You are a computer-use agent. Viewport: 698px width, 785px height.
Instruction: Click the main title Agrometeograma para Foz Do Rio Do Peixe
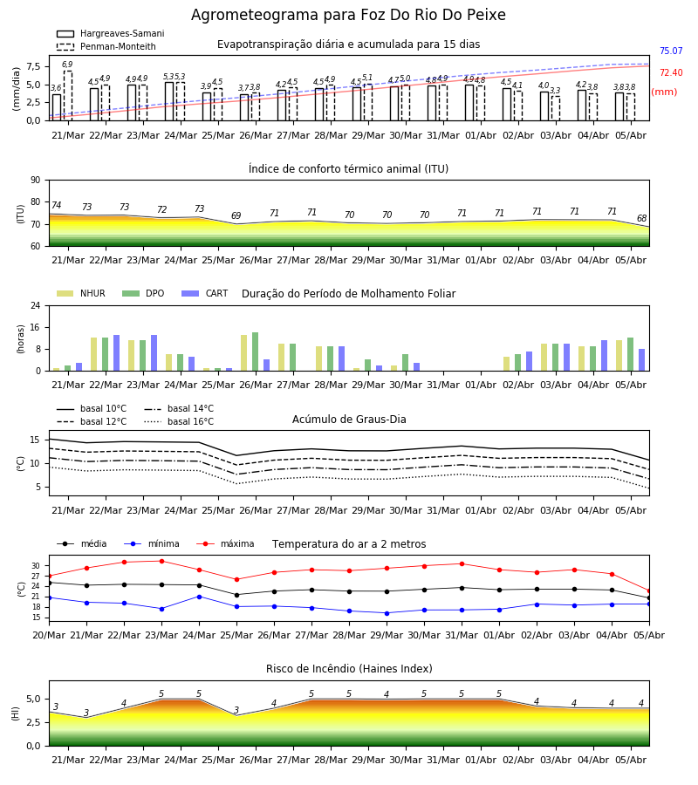click(348, 15)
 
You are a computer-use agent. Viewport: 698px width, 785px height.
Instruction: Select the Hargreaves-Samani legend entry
click(110, 33)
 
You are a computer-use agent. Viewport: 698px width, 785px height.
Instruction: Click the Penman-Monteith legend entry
click(106, 46)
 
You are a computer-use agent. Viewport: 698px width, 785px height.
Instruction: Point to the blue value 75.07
click(671, 51)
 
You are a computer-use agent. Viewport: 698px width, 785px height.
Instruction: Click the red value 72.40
click(671, 72)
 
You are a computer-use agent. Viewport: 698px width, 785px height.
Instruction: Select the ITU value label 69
click(236, 215)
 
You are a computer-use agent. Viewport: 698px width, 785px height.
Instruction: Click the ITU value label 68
click(641, 218)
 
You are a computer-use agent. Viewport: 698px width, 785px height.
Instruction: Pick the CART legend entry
click(204, 293)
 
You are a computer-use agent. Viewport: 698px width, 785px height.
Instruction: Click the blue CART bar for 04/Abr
click(605, 356)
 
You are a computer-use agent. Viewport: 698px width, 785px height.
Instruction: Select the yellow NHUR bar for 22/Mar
click(93, 354)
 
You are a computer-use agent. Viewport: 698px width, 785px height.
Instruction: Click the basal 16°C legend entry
click(179, 421)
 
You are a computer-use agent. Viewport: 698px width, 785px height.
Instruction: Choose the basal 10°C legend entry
click(92, 408)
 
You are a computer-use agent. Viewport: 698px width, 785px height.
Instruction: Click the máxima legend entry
click(225, 543)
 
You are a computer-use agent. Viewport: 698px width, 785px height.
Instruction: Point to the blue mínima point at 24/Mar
click(199, 597)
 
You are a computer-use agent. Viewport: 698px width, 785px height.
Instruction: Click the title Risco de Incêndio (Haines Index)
click(349, 669)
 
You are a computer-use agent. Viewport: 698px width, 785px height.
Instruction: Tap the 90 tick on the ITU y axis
click(35, 181)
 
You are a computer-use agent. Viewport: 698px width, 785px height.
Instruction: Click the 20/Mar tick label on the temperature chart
click(49, 635)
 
